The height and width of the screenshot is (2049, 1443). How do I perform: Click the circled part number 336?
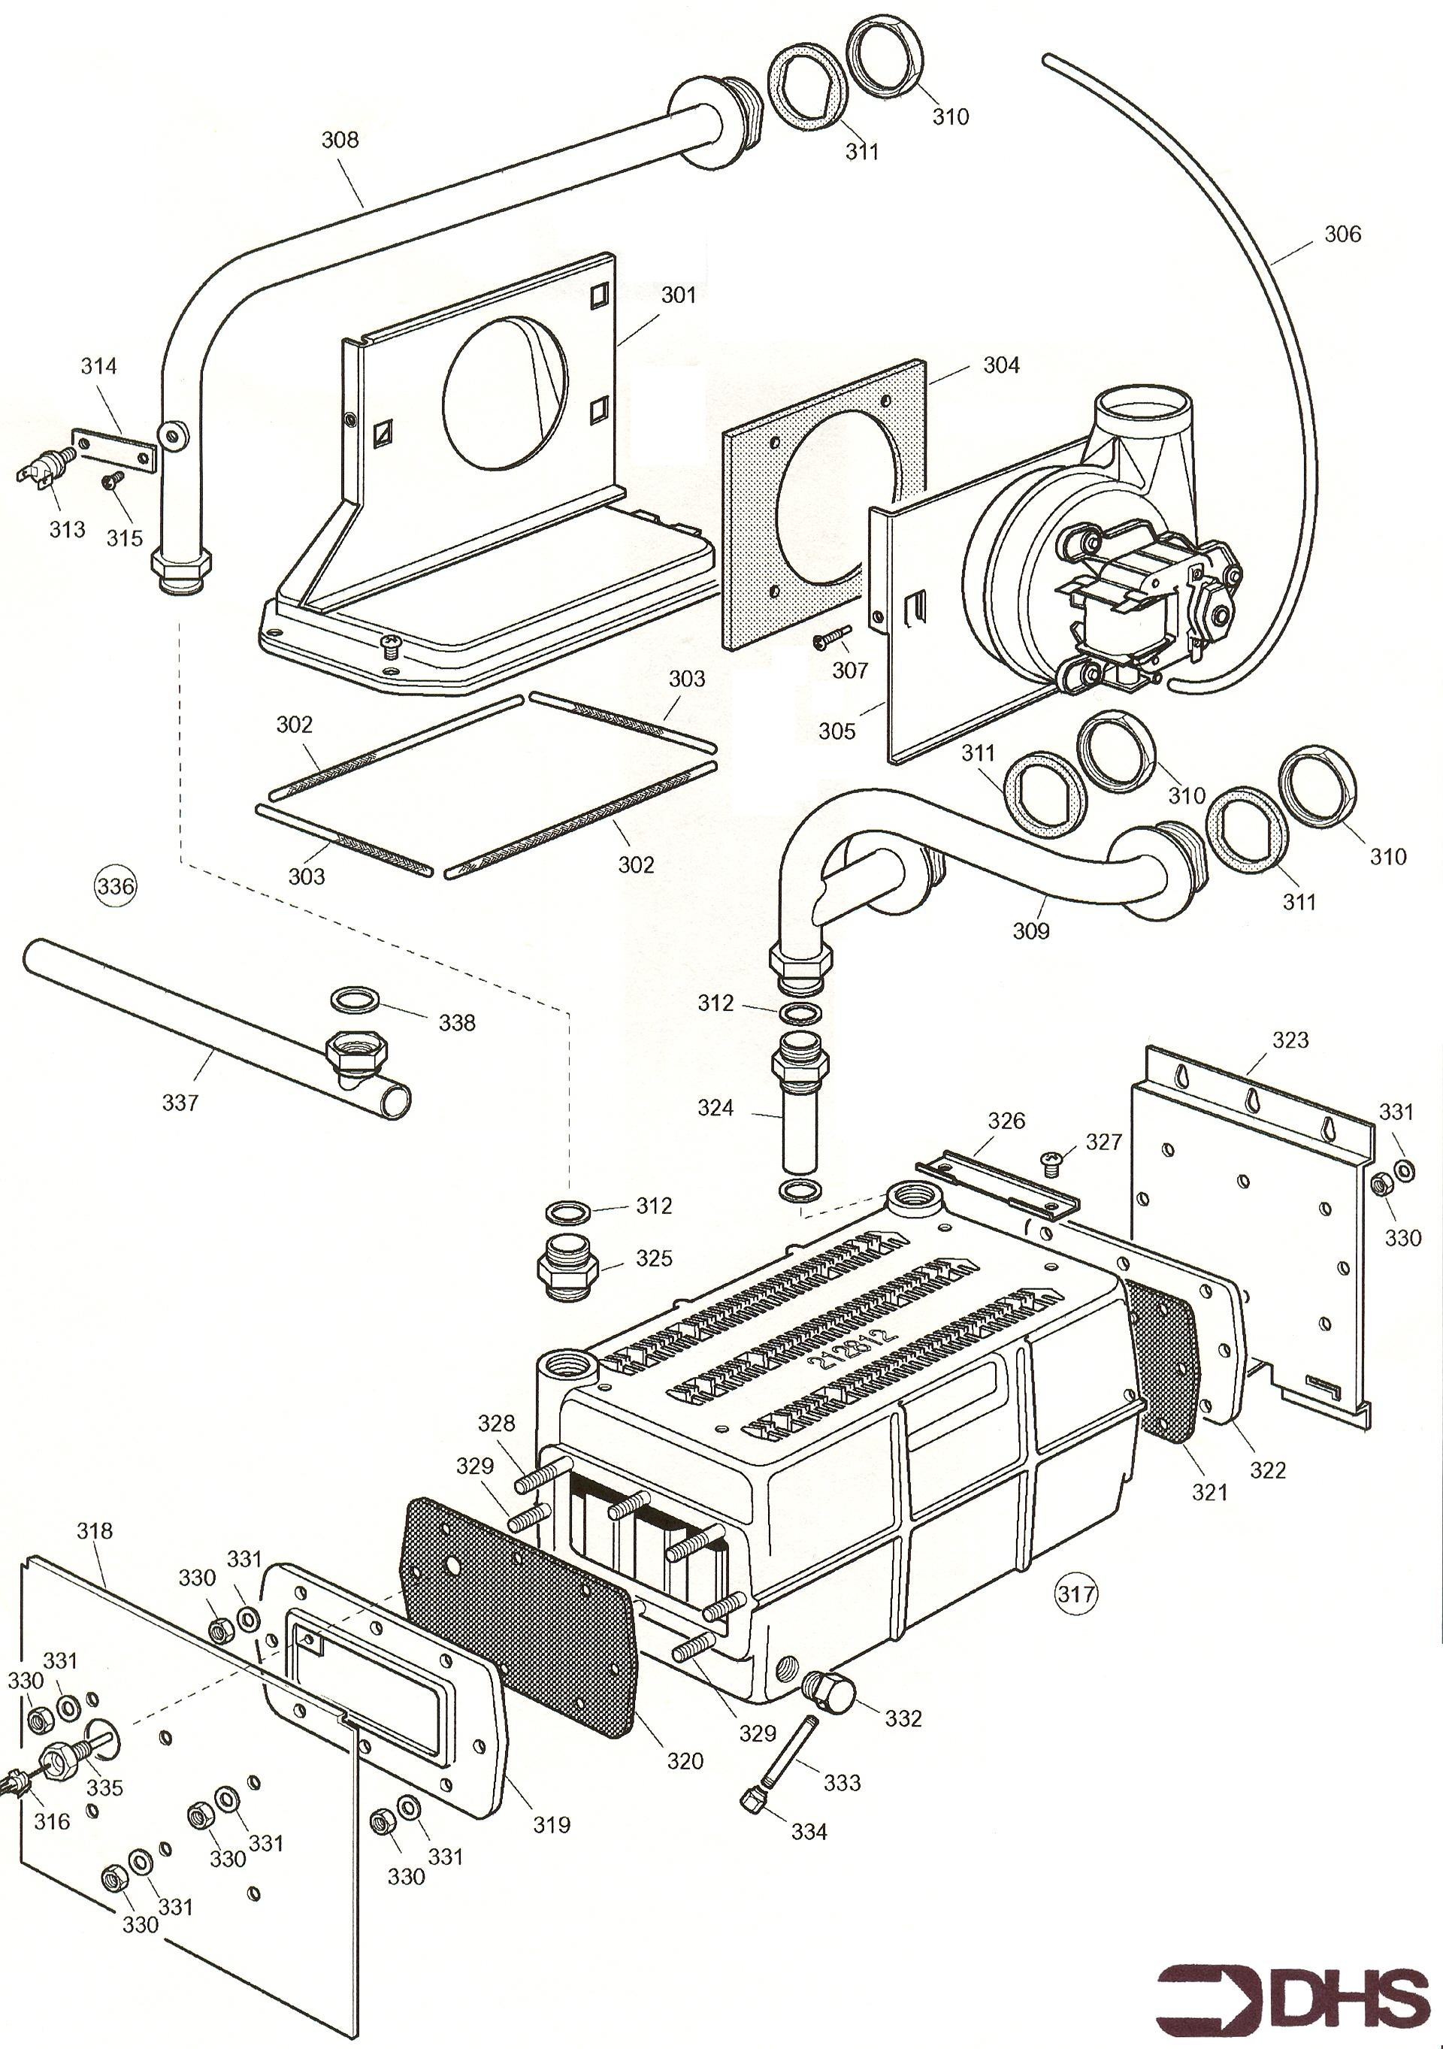pyautogui.click(x=115, y=886)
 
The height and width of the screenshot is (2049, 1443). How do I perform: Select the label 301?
pyautogui.click(x=678, y=295)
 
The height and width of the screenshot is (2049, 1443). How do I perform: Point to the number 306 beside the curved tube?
pyautogui.click(x=1342, y=234)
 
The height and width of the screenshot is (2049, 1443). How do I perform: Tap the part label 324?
pyautogui.click(x=715, y=1107)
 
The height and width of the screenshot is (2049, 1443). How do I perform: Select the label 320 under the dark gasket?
pyautogui.click(x=685, y=1762)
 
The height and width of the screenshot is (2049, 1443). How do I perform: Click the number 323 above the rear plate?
pyautogui.click(x=1290, y=1040)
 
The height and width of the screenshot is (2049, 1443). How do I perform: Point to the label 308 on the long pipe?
pyautogui.click(x=340, y=139)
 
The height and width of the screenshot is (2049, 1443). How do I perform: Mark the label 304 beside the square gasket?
pyautogui.click(x=1001, y=365)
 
